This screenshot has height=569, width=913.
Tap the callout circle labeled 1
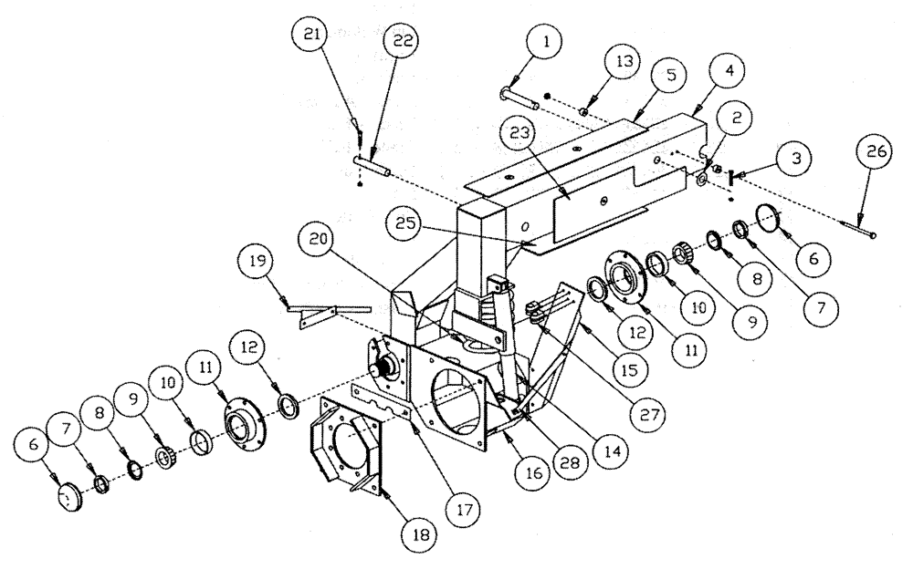coord(544,42)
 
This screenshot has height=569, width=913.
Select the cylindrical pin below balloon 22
coord(376,169)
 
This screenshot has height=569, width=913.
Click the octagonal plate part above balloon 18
coord(347,450)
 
